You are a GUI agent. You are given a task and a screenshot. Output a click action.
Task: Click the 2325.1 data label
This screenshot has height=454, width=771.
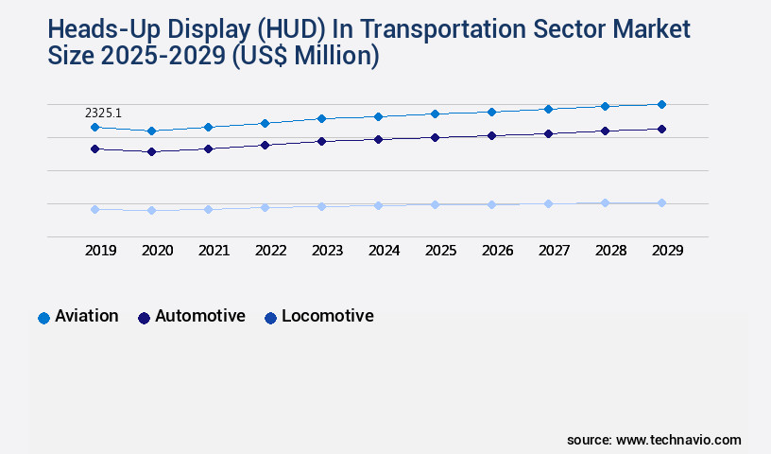coord(104,113)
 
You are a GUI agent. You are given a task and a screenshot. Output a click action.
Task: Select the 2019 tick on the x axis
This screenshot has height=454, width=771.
coord(100,251)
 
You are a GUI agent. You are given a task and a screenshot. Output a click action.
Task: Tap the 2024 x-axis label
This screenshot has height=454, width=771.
coord(384,251)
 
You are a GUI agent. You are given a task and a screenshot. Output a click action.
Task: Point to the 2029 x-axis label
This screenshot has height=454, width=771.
coord(667,251)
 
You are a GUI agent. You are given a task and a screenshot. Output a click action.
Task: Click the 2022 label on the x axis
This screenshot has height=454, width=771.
coord(270,251)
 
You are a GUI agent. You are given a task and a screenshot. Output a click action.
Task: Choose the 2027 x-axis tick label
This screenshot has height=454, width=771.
coord(554,251)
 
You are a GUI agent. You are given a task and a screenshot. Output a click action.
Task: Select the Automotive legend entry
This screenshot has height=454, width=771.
coord(191,317)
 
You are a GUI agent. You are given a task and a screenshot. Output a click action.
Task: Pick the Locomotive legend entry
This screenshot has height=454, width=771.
coord(318,317)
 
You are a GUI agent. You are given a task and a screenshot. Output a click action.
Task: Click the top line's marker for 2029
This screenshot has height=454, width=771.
coord(661,104)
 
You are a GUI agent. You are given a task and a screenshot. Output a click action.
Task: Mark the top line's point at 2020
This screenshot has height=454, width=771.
coord(151,131)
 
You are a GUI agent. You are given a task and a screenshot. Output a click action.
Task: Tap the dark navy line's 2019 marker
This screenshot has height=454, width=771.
coord(94,148)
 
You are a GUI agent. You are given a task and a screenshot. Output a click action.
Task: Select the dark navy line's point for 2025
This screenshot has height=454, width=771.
coord(435,137)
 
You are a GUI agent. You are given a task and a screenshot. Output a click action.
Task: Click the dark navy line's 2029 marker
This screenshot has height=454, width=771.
coord(661,129)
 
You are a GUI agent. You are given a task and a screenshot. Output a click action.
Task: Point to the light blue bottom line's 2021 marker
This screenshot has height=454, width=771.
coord(208,209)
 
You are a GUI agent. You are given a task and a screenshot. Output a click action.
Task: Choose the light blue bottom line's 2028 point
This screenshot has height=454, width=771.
coord(605,202)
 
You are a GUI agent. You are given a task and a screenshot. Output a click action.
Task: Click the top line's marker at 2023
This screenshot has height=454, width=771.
coord(321,118)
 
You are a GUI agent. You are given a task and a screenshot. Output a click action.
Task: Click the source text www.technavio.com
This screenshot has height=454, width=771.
coord(678,440)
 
